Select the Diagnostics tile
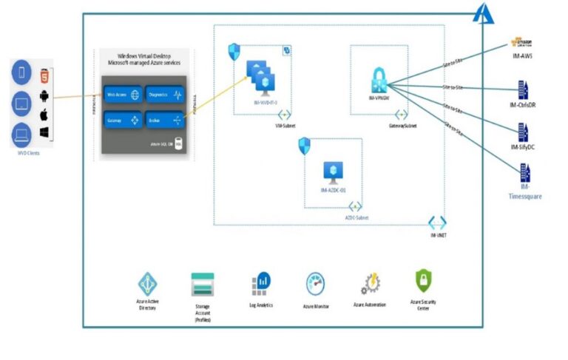[164, 95]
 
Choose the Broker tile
[164, 120]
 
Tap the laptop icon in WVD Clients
[22, 135]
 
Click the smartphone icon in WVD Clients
[22, 72]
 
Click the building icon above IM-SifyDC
[523, 133]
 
